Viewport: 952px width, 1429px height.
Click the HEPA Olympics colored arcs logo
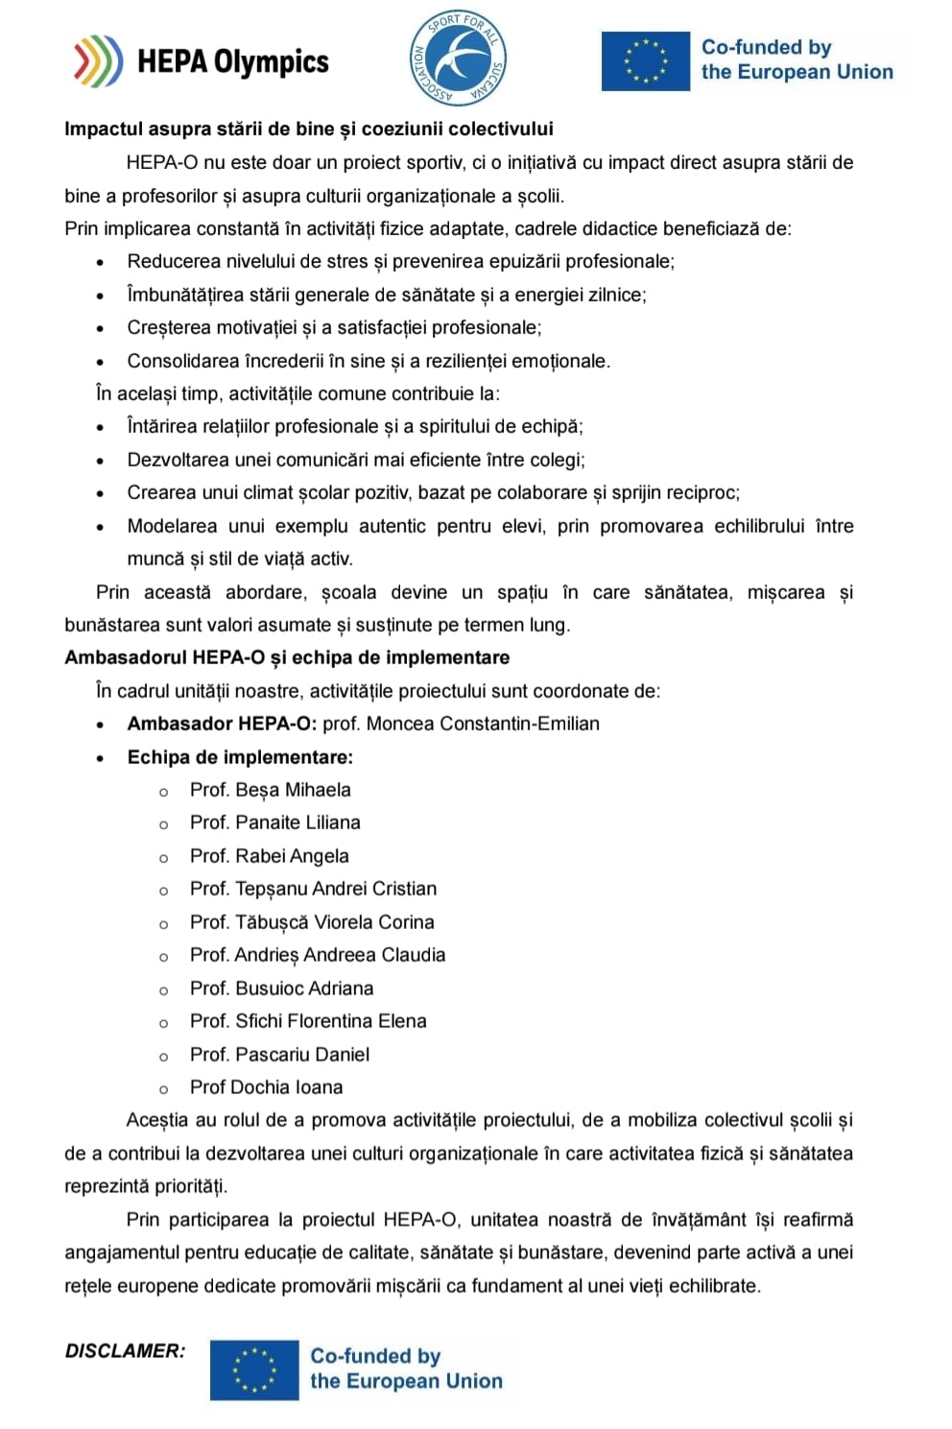(98, 61)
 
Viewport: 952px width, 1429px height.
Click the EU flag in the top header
(645, 60)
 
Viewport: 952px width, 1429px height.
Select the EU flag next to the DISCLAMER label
(254, 1369)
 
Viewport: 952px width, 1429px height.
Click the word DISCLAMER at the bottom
(125, 1351)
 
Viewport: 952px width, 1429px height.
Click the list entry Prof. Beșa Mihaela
(270, 790)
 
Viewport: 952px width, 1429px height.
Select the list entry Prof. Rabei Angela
(269, 856)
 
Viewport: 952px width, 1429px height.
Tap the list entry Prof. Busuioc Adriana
(281, 988)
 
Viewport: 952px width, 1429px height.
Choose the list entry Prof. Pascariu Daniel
(279, 1055)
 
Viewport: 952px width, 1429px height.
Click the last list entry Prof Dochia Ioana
(266, 1087)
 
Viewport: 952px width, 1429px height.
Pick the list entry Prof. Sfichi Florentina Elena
(308, 1021)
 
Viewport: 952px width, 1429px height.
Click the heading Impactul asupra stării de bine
(308, 129)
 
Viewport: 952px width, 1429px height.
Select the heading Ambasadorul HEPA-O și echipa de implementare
(287, 657)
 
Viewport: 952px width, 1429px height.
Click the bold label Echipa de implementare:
(240, 757)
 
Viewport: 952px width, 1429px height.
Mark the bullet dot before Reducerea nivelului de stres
(101, 263)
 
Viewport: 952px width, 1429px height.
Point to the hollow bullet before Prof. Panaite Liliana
(163, 824)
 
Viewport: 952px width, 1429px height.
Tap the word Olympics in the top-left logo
(271, 62)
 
